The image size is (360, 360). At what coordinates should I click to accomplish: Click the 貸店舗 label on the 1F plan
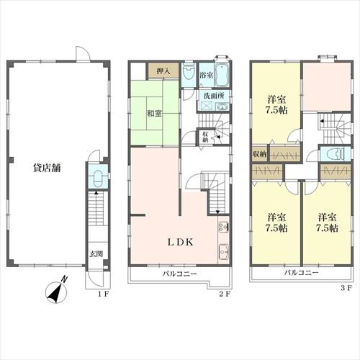click(x=47, y=168)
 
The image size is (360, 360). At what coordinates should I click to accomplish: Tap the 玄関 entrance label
click(x=96, y=254)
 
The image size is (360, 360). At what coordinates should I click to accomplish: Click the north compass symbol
click(x=56, y=291)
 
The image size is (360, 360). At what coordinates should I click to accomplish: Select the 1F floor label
click(x=104, y=294)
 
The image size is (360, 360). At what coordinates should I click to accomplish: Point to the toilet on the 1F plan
click(x=98, y=179)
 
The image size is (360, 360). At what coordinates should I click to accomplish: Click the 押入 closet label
click(x=163, y=71)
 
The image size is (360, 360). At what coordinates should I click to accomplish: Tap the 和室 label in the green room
click(x=154, y=114)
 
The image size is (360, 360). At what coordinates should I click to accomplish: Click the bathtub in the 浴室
click(x=222, y=75)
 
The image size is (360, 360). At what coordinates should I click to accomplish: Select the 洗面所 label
click(x=214, y=96)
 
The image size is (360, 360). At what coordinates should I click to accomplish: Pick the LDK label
click(x=180, y=243)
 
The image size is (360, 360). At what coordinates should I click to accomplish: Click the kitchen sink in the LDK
click(x=224, y=252)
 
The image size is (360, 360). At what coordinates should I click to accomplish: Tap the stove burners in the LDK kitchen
click(x=224, y=228)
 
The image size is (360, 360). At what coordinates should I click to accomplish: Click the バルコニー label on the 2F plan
click(x=180, y=274)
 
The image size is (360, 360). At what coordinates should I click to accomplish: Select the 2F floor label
click(x=225, y=294)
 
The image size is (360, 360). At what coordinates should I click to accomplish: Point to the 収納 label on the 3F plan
click(x=259, y=154)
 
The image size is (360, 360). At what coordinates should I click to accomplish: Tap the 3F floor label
click(x=346, y=289)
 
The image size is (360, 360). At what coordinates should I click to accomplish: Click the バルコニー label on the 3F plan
click(x=302, y=273)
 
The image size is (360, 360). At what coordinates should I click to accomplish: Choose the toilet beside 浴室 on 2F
click(x=188, y=71)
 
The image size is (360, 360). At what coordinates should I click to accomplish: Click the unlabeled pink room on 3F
click(x=327, y=87)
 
